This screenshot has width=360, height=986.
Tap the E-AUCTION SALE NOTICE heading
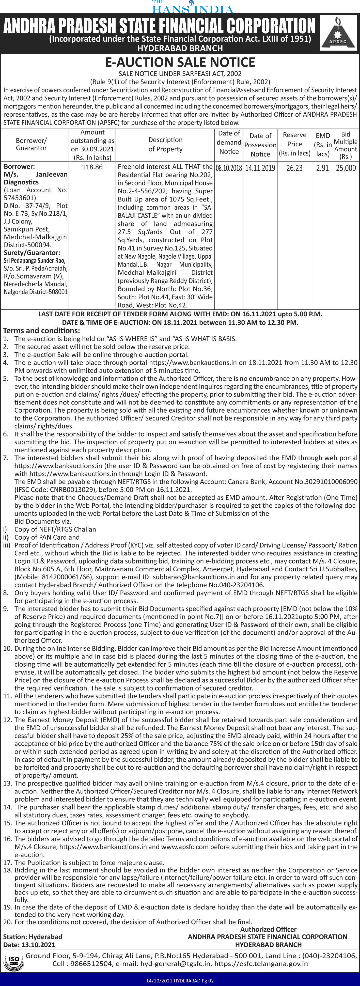pyautogui.click(x=180, y=62)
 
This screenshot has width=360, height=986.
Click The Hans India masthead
pyautogui.click(x=192, y=7)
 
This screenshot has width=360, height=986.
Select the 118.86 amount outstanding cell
pyautogui.click(x=92, y=167)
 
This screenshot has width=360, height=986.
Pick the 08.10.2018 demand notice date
pyautogui.click(x=229, y=168)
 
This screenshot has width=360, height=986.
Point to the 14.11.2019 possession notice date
pyautogui.click(x=260, y=168)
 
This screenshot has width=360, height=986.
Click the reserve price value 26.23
pyautogui.click(x=294, y=168)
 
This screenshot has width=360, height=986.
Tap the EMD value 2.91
pyautogui.click(x=322, y=168)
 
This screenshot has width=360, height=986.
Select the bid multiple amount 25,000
pyautogui.click(x=346, y=168)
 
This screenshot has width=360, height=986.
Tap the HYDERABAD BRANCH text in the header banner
pyautogui.click(x=180, y=48)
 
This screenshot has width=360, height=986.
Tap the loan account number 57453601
pyautogui.click(x=20, y=198)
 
